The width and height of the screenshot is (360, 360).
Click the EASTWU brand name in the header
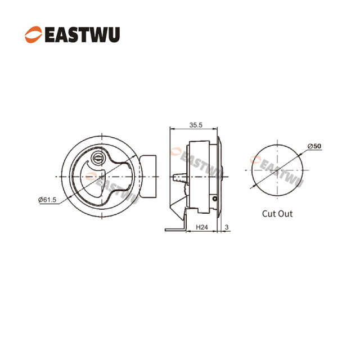pyautogui.click(x=82, y=34)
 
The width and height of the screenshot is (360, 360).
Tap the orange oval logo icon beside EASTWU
pyautogui.click(x=33, y=34)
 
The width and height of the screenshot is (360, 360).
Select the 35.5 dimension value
pyautogui.click(x=196, y=125)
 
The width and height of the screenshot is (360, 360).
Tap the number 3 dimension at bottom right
pyautogui.click(x=226, y=227)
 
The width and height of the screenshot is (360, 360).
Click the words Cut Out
pyautogui.click(x=277, y=214)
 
